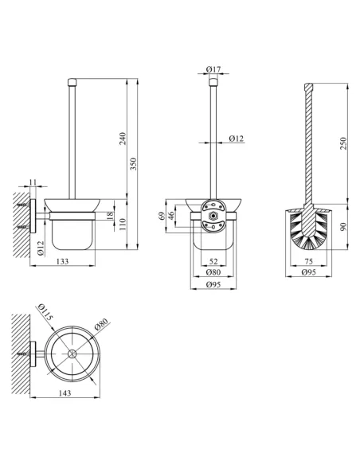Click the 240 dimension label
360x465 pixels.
[123, 139]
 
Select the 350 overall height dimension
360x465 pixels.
[134, 164]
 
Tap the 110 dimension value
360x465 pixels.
[123, 225]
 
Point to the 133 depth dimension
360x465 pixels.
[63, 261]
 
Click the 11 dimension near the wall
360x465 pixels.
[33, 182]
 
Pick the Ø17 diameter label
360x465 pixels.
[213, 69]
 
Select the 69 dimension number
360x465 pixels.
[162, 216]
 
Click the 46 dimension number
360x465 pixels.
[171, 216]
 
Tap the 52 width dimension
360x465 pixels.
[213, 261]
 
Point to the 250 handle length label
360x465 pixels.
[343, 143]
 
